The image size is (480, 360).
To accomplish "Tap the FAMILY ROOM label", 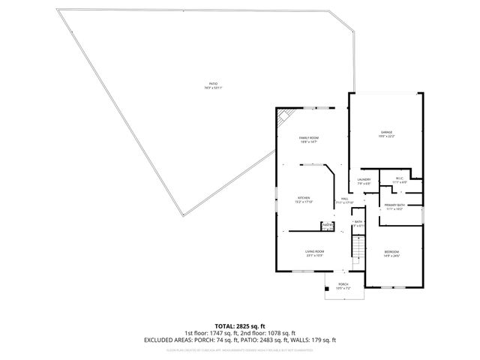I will [309, 138].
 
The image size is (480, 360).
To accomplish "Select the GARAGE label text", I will [386, 133].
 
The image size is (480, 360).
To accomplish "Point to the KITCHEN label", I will [304, 198].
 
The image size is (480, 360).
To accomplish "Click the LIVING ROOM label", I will [314, 251].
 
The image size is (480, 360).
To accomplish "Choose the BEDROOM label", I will [391, 251].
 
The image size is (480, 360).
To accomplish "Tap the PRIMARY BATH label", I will [394, 205].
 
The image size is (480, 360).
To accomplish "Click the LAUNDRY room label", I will [364, 179].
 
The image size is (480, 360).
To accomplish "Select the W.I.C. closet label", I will [400, 178].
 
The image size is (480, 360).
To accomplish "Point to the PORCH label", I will [343, 284].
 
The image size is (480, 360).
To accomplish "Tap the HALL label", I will [344, 199].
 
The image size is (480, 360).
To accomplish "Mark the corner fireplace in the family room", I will [283, 118].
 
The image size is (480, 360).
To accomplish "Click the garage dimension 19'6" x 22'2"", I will [386, 136].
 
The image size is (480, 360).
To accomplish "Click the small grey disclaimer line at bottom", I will [240, 349].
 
